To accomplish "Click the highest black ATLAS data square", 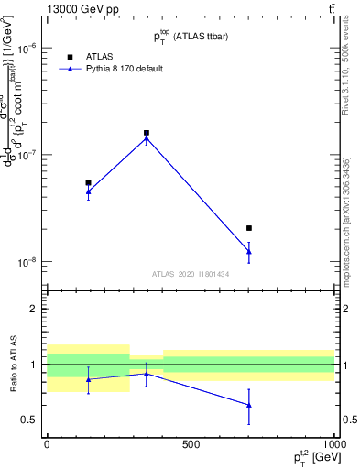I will click(147, 133).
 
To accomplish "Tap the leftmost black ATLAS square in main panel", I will click(88, 182).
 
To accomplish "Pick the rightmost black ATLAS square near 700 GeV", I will click(249, 228).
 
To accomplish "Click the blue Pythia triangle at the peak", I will click(147, 138).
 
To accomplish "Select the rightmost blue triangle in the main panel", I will click(249, 251).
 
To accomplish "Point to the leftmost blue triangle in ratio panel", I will click(88, 379).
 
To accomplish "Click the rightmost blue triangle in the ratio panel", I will click(249, 404).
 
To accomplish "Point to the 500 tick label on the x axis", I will click(191, 444).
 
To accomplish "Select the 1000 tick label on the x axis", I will click(331, 444).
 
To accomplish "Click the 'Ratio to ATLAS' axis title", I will click(12, 365).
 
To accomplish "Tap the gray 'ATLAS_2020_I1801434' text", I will click(191, 274).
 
